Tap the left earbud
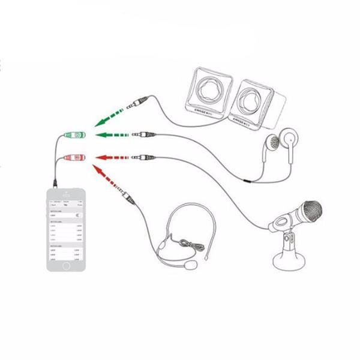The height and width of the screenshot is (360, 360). pyautogui.click(x=271, y=143)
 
